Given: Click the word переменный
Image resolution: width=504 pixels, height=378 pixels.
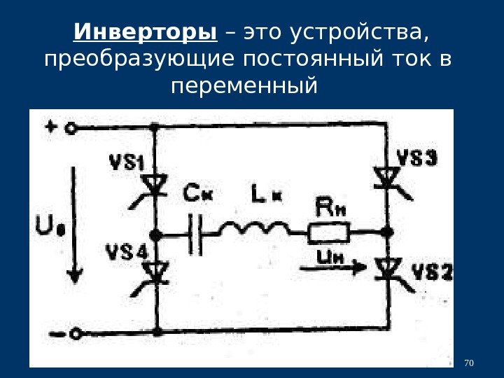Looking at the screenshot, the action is point(244,87).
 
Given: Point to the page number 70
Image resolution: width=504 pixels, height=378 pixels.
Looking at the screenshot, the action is point(469,363).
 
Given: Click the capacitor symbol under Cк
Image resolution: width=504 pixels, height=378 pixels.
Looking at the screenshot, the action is point(195,233).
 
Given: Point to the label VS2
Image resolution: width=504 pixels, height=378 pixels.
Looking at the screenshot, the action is point(431,272).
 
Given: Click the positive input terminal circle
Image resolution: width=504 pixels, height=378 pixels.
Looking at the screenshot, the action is point(71,128).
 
